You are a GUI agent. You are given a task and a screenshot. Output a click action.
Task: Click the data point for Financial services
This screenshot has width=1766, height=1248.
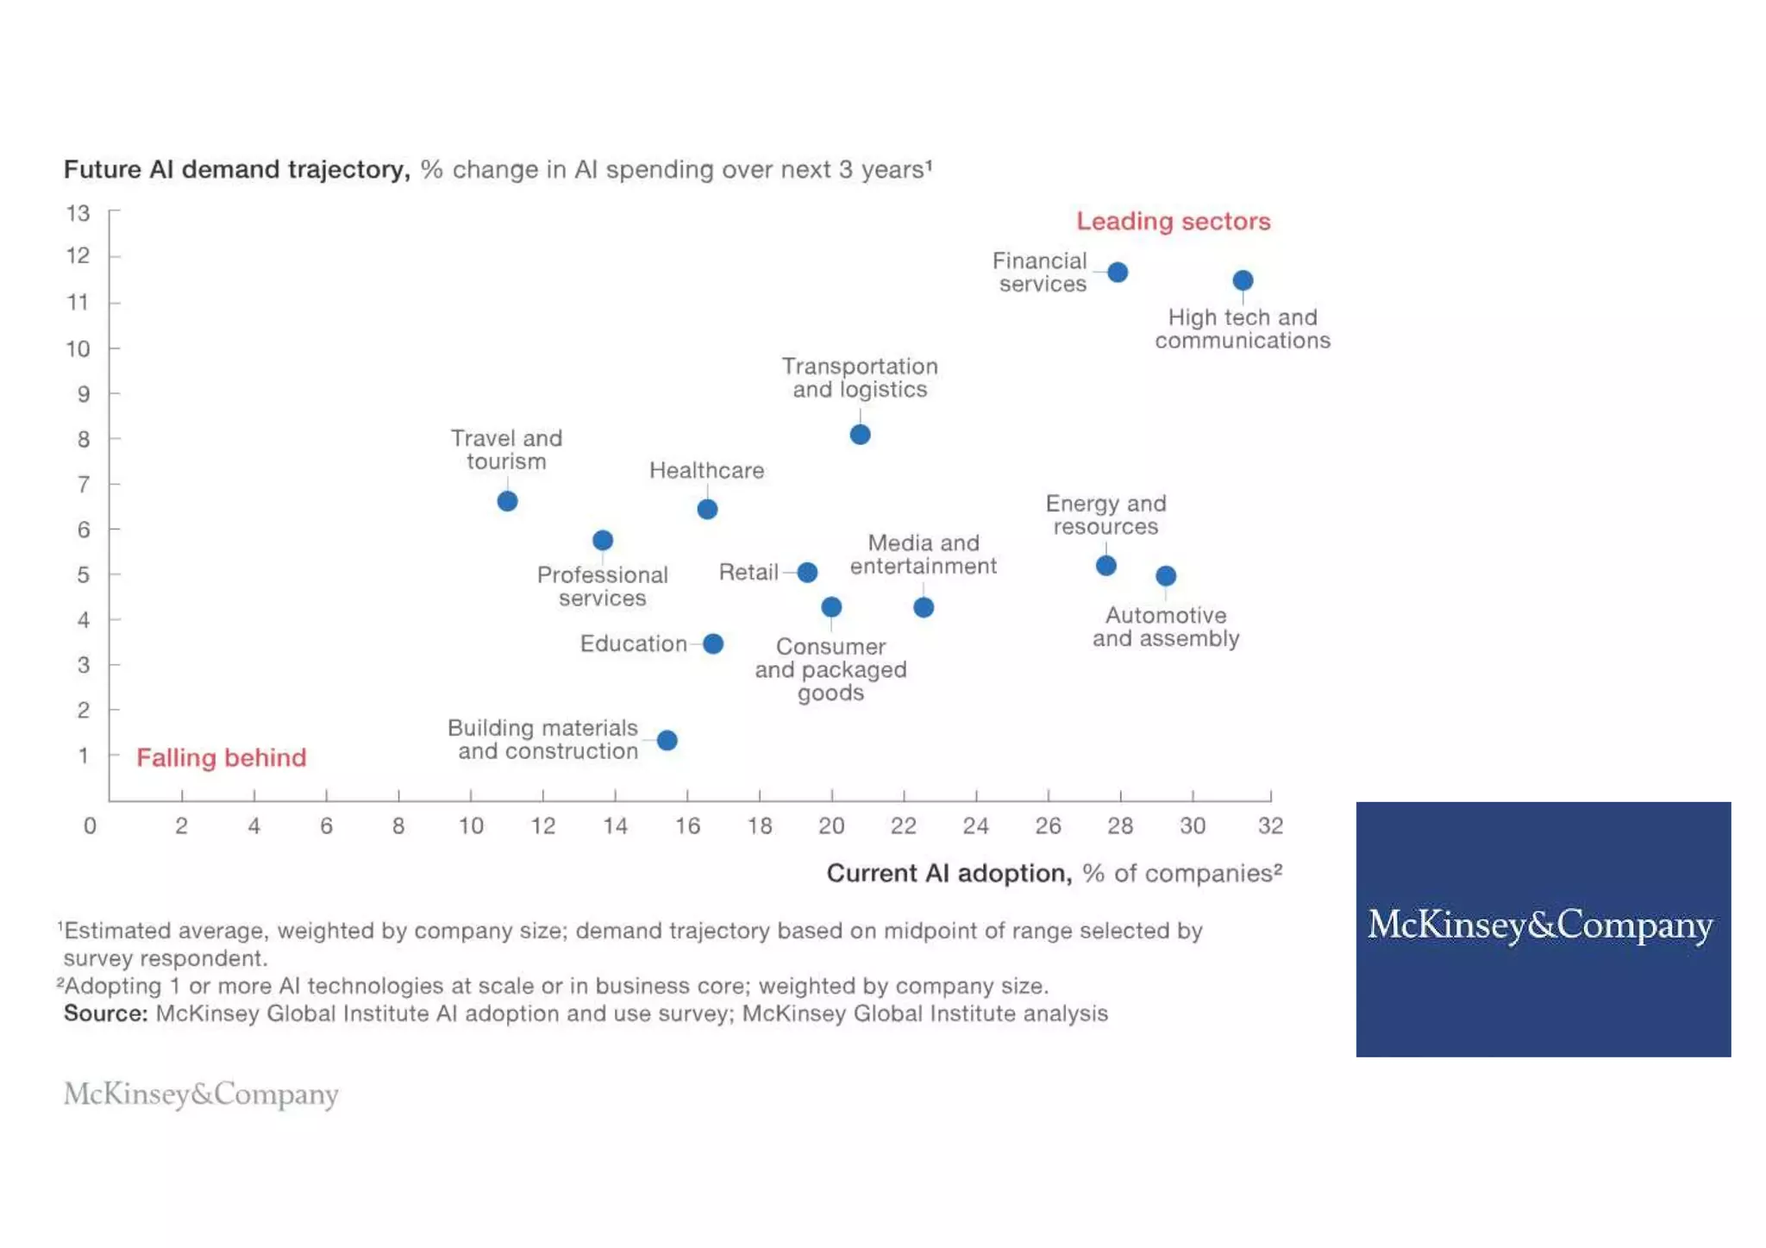[x=1118, y=273]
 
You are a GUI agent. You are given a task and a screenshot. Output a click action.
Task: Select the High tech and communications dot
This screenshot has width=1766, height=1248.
[x=1243, y=280]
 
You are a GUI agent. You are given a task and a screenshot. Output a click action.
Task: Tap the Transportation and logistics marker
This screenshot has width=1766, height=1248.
[x=860, y=435]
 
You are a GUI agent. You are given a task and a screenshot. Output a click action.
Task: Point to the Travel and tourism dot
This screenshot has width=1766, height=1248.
[x=507, y=501]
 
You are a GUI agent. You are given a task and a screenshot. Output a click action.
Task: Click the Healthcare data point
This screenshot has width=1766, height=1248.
[x=707, y=510]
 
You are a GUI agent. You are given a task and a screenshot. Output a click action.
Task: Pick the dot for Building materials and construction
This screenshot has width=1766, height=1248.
[x=667, y=740]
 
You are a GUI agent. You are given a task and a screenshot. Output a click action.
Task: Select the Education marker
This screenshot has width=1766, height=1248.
[x=713, y=643]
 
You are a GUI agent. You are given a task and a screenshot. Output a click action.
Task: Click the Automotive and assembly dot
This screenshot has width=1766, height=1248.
[x=1166, y=575]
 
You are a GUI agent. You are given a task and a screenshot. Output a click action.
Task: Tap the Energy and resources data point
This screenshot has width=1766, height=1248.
[x=1106, y=566]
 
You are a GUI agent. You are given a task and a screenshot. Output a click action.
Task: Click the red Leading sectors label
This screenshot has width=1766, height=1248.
[x=1173, y=221]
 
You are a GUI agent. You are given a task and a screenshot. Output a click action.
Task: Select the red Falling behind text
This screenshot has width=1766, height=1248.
[x=222, y=757]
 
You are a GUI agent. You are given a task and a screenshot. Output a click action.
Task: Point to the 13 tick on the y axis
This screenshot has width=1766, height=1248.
[x=78, y=213]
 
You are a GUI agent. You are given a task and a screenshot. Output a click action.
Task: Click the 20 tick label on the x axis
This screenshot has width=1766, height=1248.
[x=831, y=826]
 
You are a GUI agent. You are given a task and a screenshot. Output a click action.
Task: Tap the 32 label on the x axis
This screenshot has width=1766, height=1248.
[x=1270, y=826]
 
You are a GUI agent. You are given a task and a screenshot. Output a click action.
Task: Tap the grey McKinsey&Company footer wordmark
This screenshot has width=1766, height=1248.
[x=201, y=1094]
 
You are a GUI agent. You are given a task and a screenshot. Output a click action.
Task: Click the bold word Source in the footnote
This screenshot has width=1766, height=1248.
[x=105, y=1013]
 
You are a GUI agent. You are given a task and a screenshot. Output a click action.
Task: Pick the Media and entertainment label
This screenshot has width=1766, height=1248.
[x=923, y=555]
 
